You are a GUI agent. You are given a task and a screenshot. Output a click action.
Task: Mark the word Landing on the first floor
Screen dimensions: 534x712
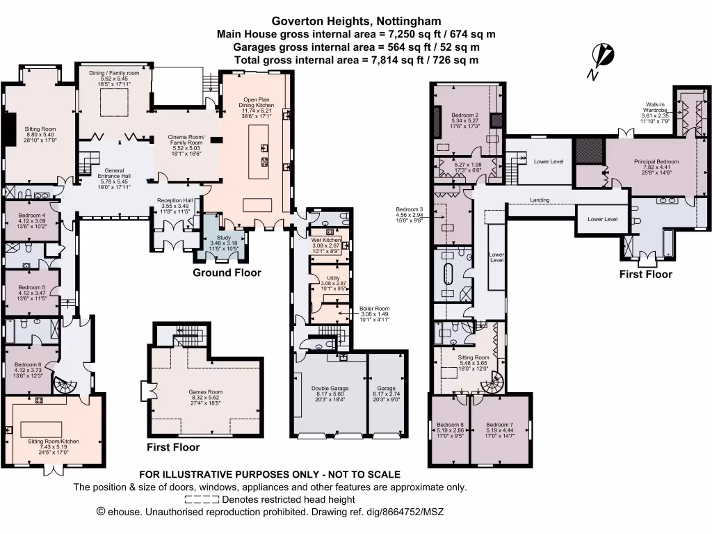(540, 200)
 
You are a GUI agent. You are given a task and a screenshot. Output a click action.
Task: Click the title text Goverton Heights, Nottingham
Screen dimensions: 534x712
(356, 22)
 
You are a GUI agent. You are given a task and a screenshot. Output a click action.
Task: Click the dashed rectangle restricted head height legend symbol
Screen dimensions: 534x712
(202, 499)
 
